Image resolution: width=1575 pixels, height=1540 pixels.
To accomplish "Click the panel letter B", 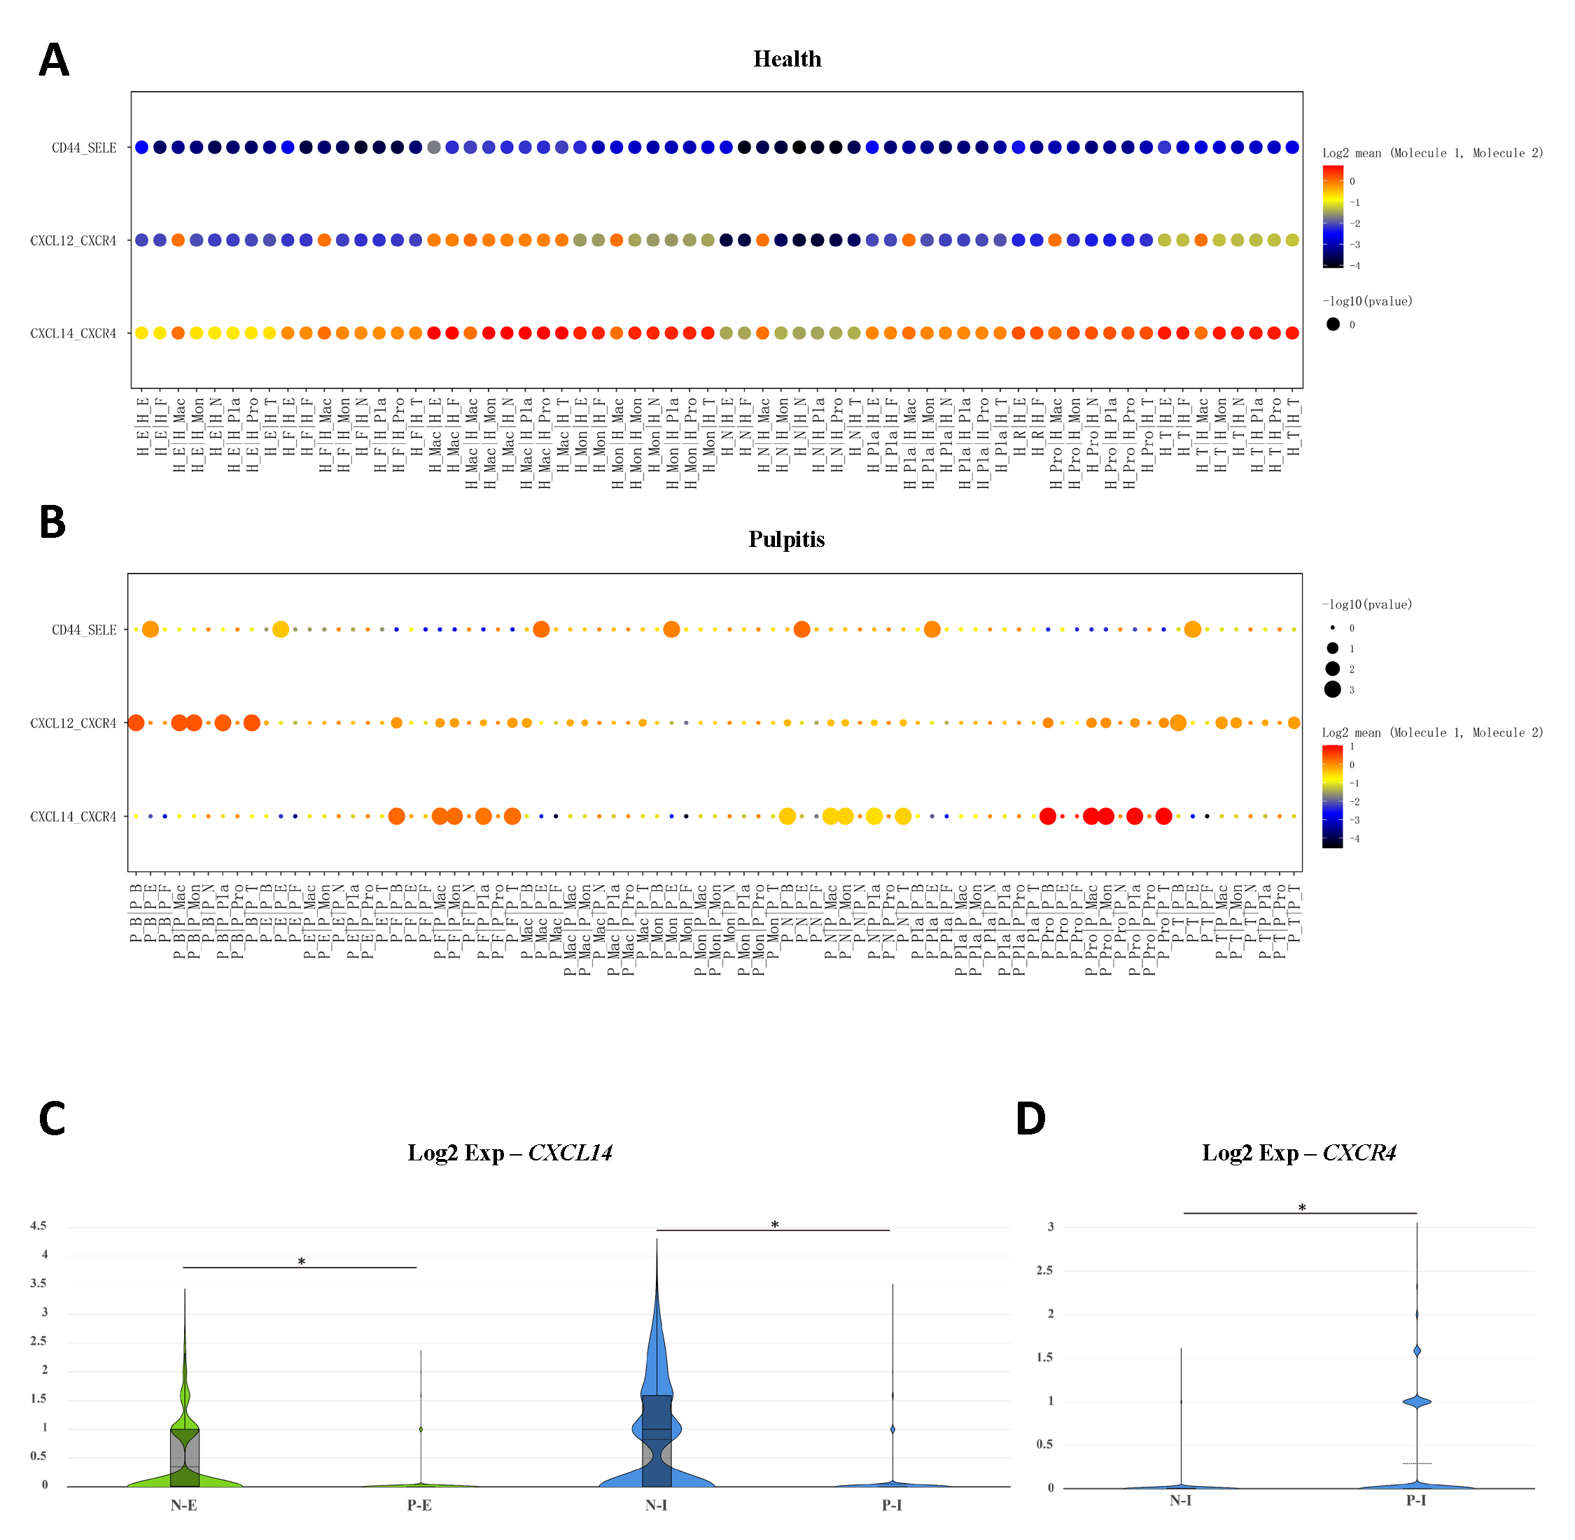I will tap(52, 522).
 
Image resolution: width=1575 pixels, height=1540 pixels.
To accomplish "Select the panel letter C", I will tap(52, 1118).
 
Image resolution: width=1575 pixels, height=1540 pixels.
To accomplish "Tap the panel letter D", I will tap(1031, 1118).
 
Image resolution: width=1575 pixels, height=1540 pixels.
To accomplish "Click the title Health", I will tap(787, 59).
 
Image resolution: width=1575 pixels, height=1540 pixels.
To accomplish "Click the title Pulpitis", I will tap(786, 539).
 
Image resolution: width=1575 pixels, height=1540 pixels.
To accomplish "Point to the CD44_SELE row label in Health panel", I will tap(84, 148).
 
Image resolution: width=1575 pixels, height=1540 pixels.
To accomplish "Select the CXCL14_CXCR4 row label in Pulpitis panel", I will tap(73, 817).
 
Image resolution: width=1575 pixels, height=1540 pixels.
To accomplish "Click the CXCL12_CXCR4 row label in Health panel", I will tap(73, 241).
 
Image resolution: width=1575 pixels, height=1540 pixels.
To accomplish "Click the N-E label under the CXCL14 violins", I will tap(183, 1505).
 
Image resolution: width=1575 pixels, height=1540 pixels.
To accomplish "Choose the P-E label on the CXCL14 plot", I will tap(419, 1505).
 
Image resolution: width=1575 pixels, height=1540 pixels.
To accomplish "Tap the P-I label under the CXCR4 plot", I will tap(1415, 1500).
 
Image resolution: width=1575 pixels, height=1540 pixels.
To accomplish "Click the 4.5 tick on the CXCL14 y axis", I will tap(38, 1226).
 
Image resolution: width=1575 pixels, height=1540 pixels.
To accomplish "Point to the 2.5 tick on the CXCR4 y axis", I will tap(1044, 1270).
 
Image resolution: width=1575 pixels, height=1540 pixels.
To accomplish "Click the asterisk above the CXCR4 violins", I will tap(1302, 1208).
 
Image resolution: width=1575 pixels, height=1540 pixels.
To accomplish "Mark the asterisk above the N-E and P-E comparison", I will tap(301, 1262).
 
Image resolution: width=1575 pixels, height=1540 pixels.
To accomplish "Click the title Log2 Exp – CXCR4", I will tap(1298, 1153).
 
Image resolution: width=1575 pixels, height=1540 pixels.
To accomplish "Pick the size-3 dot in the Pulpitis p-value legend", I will tap(1332, 689).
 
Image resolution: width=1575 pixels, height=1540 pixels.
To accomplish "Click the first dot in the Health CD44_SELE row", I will tap(141, 147).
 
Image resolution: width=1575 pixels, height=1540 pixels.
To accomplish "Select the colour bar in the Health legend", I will tap(1332, 216).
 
